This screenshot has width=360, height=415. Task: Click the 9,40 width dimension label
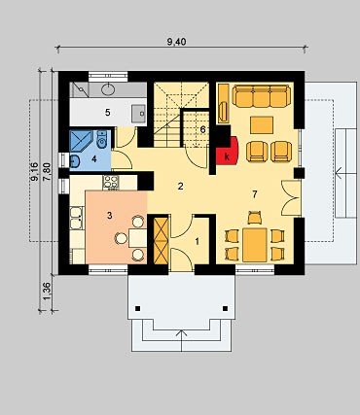(177, 42)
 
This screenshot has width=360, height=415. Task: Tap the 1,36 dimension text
(47, 292)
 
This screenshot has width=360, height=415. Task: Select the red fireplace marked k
(228, 151)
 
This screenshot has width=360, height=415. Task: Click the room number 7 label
(255, 194)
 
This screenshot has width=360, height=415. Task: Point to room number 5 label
(108, 113)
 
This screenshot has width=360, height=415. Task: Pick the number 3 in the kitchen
(109, 215)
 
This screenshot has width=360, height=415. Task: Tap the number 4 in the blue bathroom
(94, 159)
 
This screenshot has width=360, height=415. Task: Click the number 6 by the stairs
(202, 129)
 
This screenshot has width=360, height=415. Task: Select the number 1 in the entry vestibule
(198, 241)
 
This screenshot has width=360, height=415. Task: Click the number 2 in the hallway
(181, 187)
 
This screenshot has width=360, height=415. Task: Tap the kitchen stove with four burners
(111, 183)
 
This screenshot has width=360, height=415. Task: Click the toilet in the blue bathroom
(102, 140)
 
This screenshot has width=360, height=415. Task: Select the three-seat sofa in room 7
(261, 96)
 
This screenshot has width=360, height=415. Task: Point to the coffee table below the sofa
(262, 125)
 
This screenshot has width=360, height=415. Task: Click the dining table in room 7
(255, 245)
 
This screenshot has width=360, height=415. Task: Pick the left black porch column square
(138, 308)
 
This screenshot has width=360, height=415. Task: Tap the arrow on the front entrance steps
(182, 341)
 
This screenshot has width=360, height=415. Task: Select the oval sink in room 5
(108, 89)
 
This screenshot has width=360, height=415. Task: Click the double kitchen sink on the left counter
(76, 218)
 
